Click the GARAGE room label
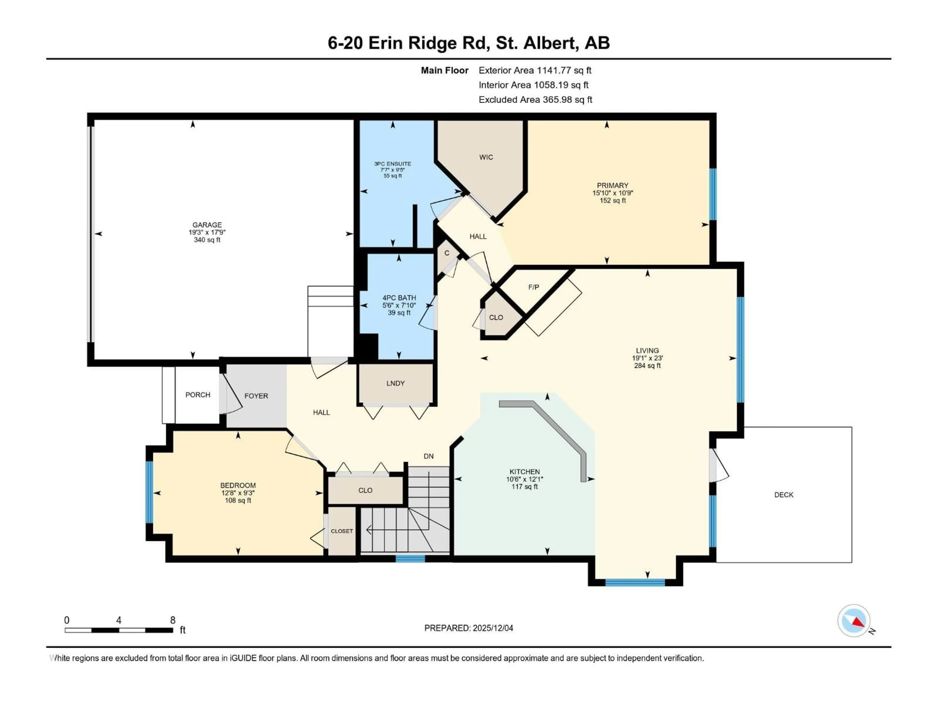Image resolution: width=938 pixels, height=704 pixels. coord(207,225)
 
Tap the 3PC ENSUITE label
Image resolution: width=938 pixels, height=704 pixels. coord(392,164)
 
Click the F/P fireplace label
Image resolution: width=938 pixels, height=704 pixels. coord(533,287)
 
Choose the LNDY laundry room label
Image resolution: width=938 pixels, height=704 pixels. coord(395,383)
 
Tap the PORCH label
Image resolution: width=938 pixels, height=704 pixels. coord(198,395)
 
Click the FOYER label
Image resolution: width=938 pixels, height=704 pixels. coord(256,396)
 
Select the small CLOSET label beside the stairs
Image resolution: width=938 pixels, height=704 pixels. coord(342,531)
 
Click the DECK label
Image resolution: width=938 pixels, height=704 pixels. coord(784,495)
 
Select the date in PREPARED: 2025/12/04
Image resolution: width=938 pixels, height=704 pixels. coord(493,628)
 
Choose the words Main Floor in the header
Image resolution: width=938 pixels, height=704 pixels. coord(444,70)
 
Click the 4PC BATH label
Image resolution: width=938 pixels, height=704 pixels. coord(399,298)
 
